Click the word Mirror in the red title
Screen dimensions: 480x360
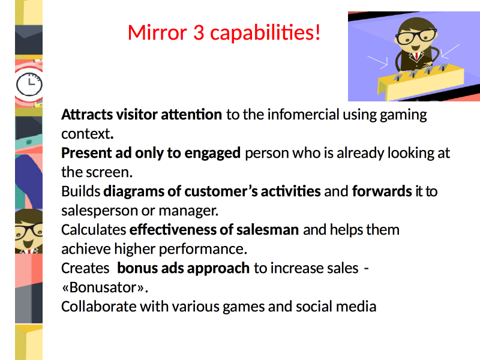(x=157, y=32)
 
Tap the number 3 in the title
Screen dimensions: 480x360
(x=199, y=32)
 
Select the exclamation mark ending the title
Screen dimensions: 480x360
(x=317, y=32)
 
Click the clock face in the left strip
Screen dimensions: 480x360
(x=29, y=85)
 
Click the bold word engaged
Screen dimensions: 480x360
(x=212, y=154)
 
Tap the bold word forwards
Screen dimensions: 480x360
(x=382, y=191)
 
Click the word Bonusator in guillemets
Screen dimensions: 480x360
(x=103, y=287)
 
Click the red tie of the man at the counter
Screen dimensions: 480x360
(x=416, y=56)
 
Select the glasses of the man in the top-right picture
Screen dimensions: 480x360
(x=416, y=37)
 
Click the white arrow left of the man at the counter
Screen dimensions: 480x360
(x=377, y=62)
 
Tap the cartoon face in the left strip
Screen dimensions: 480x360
(x=29, y=231)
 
